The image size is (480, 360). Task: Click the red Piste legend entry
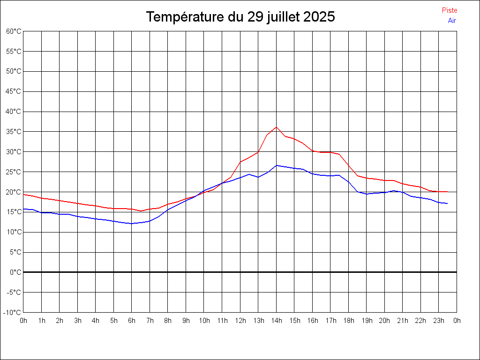point(449,10)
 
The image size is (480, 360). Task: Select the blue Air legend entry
point(452,21)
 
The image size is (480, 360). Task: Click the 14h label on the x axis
point(277,321)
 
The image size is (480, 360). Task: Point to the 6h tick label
point(132,321)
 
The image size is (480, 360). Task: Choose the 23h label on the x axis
point(439,321)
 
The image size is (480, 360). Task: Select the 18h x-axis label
point(349,321)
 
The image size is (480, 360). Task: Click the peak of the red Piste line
point(276,127)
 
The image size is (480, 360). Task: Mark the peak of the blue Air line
point(277,165)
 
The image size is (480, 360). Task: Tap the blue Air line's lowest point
point(132,224)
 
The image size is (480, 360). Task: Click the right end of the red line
point(448,192)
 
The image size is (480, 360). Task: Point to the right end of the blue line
point(448,203)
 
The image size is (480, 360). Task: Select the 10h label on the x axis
point(204,321)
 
